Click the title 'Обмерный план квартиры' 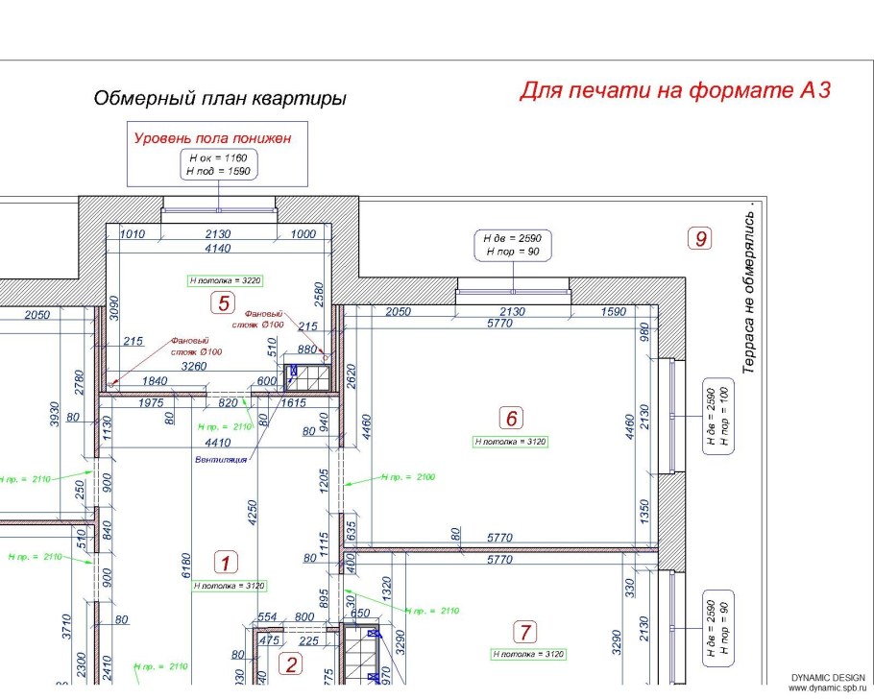tap(220, 99)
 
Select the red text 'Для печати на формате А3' tap(674, 90)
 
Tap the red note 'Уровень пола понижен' tap(212, 138)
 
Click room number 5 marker tap(223, 304)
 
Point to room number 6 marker tap(512, 418)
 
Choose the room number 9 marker tap(701, 238)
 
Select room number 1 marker tap(224, 562)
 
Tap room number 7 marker tap(525, 632)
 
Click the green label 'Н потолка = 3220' tap(226, 280)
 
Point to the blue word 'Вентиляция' tap(221, 459)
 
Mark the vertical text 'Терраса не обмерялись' tap(752, 288)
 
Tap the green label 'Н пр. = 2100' tap(408, 476)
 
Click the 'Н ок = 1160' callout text tap(218, 156)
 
